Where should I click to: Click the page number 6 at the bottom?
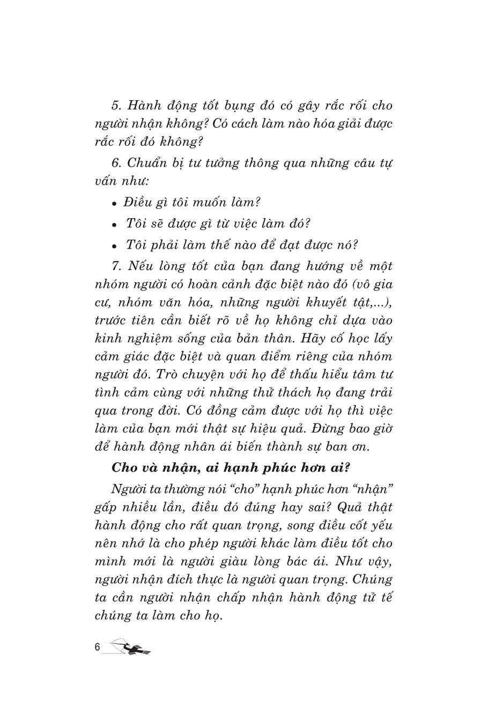(x=97, y=647)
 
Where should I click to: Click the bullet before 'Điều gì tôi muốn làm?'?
(x=114, y=204)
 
